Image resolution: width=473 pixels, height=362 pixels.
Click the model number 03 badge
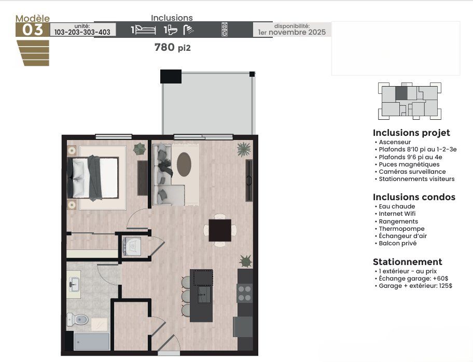tap(32, 30)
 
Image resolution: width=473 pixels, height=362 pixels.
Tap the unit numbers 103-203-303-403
tap(82, 32)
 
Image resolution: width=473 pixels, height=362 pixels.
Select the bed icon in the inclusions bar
tap(145, 30)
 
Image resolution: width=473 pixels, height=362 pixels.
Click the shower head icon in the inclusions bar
tap(188, 30)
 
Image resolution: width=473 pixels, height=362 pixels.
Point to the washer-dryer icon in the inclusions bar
tap(224, 30)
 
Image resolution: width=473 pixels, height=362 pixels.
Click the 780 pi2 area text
tap(173, 47)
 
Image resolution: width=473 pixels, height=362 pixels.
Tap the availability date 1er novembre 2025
tap(292, 32)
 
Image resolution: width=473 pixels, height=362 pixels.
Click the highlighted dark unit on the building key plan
tap(401, 93)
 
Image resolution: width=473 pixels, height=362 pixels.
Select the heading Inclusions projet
tap(411, 133)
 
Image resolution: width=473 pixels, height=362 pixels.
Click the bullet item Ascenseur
tap(395, 142)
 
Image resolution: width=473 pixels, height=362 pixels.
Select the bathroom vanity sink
tap(73, 284)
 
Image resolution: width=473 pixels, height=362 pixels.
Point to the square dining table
tap(220, 230)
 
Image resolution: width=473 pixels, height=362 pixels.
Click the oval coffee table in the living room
tap(184, 164)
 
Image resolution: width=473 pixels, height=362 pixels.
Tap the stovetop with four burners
tap(245, 294)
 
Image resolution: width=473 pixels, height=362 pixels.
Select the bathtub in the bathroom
tap(92, 341)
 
